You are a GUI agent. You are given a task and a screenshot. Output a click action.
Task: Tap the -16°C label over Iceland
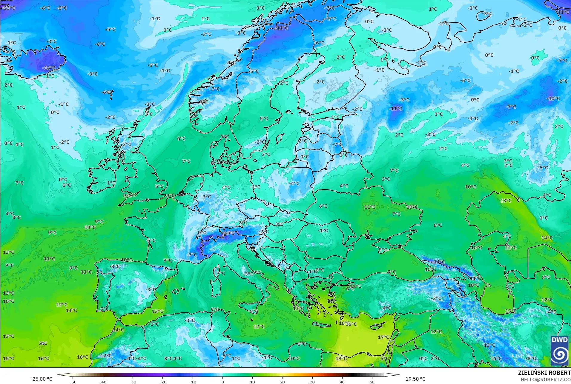(x=49, y=68)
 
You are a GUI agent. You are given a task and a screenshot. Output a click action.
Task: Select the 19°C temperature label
(x=341, y=358)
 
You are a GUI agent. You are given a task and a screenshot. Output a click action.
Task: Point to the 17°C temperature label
(x=383, y=337)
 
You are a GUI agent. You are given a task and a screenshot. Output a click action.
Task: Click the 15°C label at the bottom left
(x=8, y=358)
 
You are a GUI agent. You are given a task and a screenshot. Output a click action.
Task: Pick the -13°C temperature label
(x=489, y=345)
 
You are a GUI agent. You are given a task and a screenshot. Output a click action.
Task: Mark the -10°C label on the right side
(x=553, y=98)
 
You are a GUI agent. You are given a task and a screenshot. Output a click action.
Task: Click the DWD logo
(x=560, y=350)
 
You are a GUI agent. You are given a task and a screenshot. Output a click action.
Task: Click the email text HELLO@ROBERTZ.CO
(x=546, y=380)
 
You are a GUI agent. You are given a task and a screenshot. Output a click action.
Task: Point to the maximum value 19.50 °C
(x=415, y=379)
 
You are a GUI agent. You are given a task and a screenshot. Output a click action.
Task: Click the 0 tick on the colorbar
(x=222, y=382)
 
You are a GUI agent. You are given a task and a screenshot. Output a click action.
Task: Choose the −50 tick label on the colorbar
(x=73, y=382)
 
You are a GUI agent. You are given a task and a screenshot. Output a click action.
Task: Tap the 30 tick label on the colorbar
(x=312, y=382)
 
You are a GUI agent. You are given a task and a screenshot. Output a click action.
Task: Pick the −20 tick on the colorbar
(x=162, y=382)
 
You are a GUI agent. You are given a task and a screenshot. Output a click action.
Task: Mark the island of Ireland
(x=103, y=178)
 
